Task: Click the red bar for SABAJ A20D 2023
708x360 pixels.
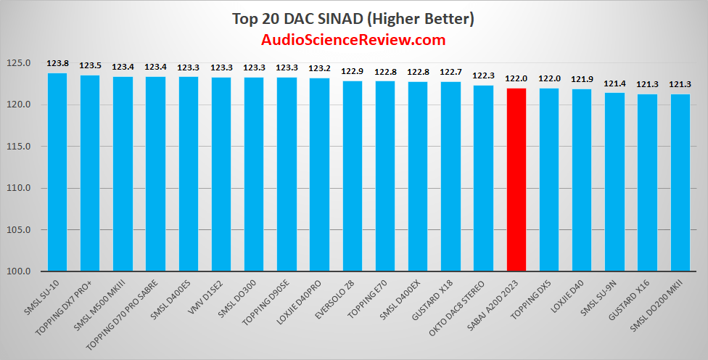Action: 516,180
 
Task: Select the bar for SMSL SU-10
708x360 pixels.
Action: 57,172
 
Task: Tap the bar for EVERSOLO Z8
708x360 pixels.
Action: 353,176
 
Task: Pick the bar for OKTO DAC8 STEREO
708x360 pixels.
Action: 484,179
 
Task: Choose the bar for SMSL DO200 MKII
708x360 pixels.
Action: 680,183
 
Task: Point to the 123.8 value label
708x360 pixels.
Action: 57,63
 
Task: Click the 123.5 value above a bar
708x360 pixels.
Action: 90,65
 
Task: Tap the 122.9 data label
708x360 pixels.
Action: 353,71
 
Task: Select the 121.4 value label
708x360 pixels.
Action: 615,83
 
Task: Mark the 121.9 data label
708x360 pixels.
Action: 582,79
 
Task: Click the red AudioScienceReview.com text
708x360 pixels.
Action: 353,40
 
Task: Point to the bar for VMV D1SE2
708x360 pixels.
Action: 221,174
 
